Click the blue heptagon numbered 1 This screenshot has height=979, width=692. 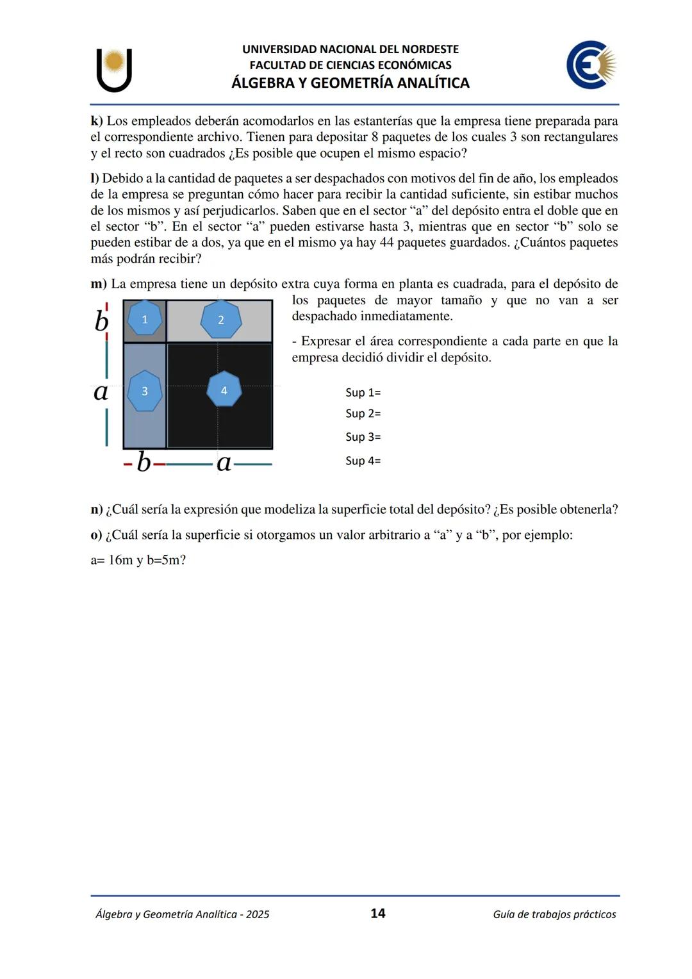tap(144, 319)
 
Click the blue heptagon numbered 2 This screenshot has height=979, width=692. tap(221, 320)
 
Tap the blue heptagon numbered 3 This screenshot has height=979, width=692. tap(144, 391)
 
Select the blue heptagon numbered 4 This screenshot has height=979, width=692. tap(224, 390)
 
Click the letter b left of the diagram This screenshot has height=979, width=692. tap(101, 320)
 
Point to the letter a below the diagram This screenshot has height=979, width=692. tap(224, 462)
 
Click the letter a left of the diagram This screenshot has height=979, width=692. tap(101, 391)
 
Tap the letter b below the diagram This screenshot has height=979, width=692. tap(144, 462)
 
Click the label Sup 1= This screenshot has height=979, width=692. tap(363, 393)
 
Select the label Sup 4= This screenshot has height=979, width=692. tap(363, 461)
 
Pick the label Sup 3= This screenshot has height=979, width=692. tap(363, 437)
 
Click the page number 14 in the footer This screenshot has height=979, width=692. tap(378, 914)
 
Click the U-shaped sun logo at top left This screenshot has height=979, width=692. tap(115, 69)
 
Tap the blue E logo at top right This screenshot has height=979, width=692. tap(590, 65)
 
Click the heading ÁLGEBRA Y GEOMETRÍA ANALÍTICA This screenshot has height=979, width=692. tap(350, 83)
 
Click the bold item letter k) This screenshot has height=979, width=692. tap(97, 121)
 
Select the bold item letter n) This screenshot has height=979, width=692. tap(97, 510)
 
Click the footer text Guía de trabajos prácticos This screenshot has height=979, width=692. tap(554, 914)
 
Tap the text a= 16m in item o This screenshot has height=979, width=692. tap(111, 561)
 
